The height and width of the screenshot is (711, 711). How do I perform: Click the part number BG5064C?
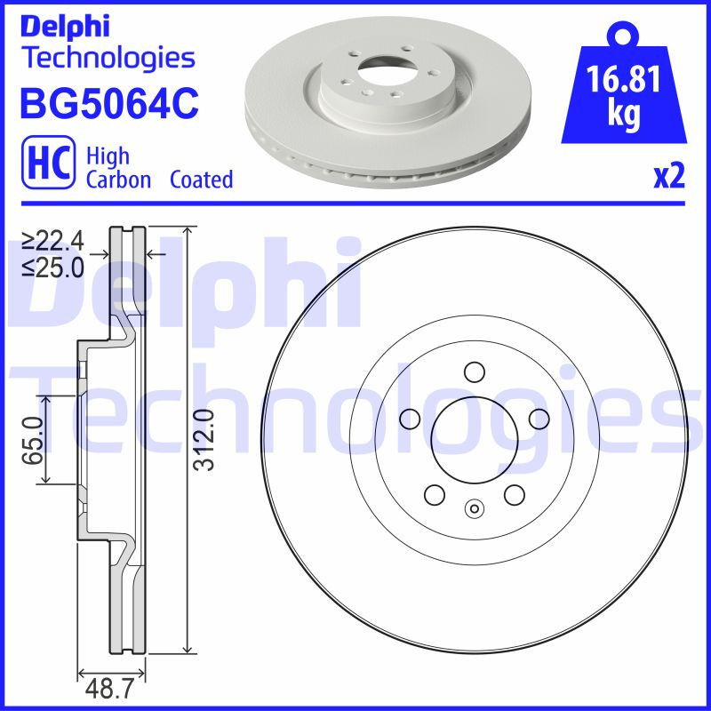(x=108, y=104)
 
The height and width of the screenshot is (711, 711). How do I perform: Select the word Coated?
(x=201, y=180)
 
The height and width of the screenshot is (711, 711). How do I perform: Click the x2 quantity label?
(x=669, y=178)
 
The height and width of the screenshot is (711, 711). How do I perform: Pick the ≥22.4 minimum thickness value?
(x=54, y=240)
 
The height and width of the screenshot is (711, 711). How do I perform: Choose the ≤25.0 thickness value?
(x=54, y=267)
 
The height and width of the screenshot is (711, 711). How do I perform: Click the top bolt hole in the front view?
(x=474, y=371)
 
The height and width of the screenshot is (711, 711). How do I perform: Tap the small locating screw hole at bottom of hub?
(x=474, y=509)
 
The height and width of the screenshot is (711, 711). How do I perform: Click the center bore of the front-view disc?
(x=474, y=437)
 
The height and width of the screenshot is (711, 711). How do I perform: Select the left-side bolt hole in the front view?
(x=410, y=418)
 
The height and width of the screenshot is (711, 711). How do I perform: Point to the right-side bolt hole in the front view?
(x=538, y=418)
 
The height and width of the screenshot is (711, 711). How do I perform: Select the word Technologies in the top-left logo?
(x=107, y=59)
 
